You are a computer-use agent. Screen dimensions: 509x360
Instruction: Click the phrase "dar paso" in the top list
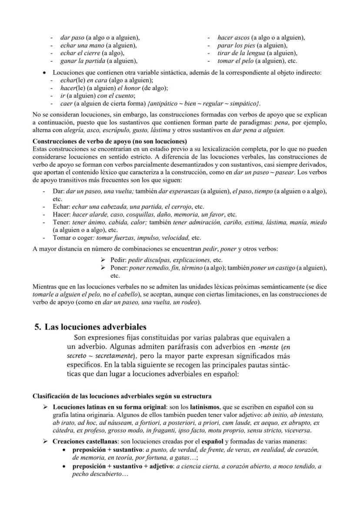coord(72,38)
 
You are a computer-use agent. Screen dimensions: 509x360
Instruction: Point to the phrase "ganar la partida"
coord(80,61)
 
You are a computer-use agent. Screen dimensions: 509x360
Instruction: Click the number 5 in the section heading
coord(38,327)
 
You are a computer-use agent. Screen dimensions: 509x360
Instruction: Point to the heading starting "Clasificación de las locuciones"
coord(122,396)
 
